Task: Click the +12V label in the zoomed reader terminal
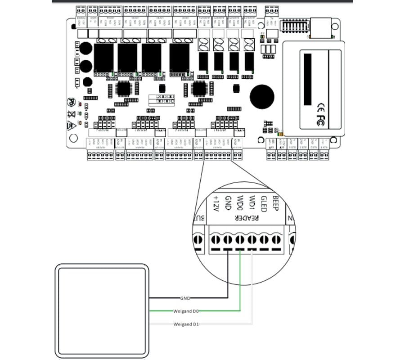(x=216, y=205)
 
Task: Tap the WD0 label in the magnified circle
(x=241, y=202)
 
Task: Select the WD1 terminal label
(x=252, y=202)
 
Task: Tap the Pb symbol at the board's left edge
(x=71, y=102)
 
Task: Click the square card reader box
(x=102, y=311)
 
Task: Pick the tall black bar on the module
(x=308, y=79)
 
